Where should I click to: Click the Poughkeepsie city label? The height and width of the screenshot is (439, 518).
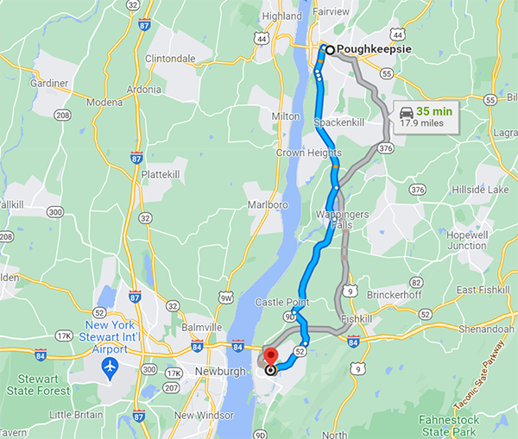click(372, 49)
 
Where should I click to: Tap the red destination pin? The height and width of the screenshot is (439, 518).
click(270, 357)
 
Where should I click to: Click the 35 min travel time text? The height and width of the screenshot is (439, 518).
click(434, 110)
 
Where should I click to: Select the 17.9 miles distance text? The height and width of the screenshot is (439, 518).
click(421, 123)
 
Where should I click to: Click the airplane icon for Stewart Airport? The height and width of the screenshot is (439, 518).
click(110, 367)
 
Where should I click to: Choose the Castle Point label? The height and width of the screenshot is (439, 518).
click(281, 301)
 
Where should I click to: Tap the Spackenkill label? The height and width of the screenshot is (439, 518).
click(340, 122)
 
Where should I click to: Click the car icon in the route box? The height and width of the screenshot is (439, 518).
click(406, 111)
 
